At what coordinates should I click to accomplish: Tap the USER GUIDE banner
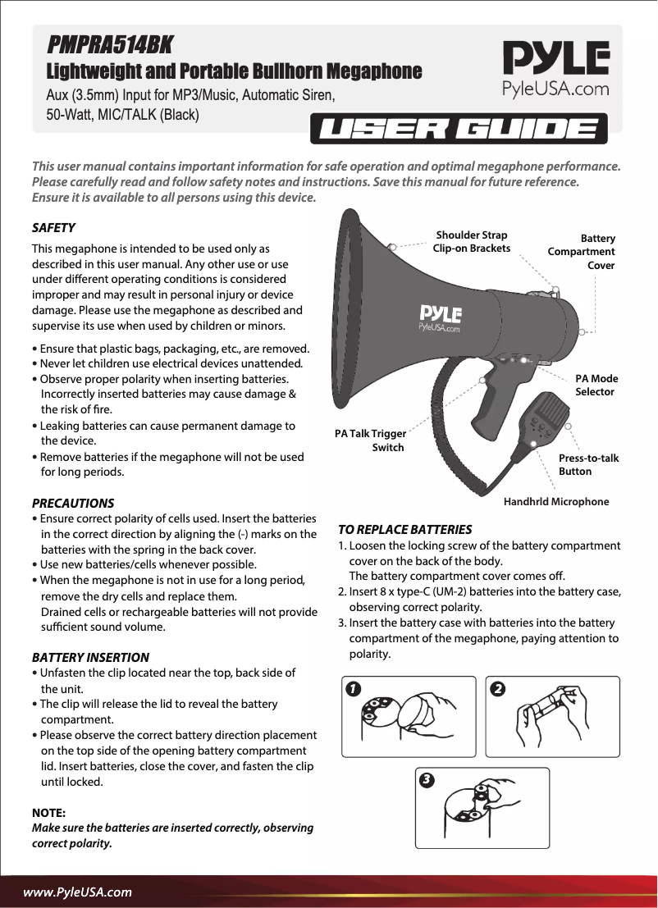[x=459, y=130]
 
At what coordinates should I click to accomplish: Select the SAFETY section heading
[x=53, y=227]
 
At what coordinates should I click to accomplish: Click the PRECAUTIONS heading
[x=72, y=503]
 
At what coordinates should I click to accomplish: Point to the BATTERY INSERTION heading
[x=90, y=657]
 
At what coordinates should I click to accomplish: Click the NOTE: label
[x=48, y=812]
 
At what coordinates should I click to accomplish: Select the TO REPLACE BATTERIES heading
[x=405, y=529]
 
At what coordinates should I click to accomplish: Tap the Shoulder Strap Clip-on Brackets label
[x=472, y=241]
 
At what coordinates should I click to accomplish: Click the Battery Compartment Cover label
[x=582, y=251]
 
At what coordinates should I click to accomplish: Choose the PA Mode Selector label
[x=596, y=385]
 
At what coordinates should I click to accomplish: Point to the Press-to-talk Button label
[x=588, y=464]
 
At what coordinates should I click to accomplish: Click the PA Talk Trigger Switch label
[x=370, y=440]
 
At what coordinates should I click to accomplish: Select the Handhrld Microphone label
[x=555, y=501]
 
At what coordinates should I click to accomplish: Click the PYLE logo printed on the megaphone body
[x=441, y=317]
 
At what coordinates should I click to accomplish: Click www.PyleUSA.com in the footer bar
[x=77, y=891]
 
